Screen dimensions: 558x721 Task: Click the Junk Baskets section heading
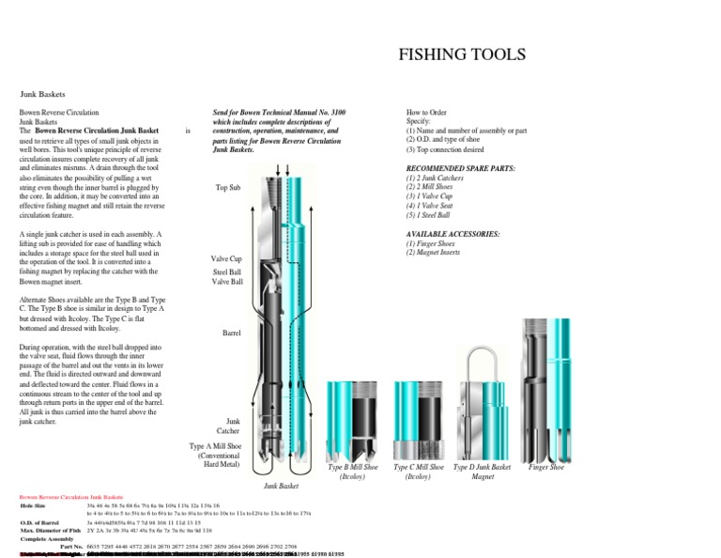[45, 94]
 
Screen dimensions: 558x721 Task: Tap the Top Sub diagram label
[228, 188]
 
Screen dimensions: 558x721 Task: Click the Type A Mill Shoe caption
[215, 455]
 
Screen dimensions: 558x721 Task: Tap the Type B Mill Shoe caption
[353, 472]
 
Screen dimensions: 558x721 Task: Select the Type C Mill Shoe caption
[417, 472]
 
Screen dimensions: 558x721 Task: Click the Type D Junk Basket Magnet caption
[482, 472]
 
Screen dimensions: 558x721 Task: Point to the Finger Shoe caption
[546, 467]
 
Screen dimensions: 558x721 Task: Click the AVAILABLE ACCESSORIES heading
[453, 232]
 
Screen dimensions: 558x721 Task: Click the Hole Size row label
[33, 505]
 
